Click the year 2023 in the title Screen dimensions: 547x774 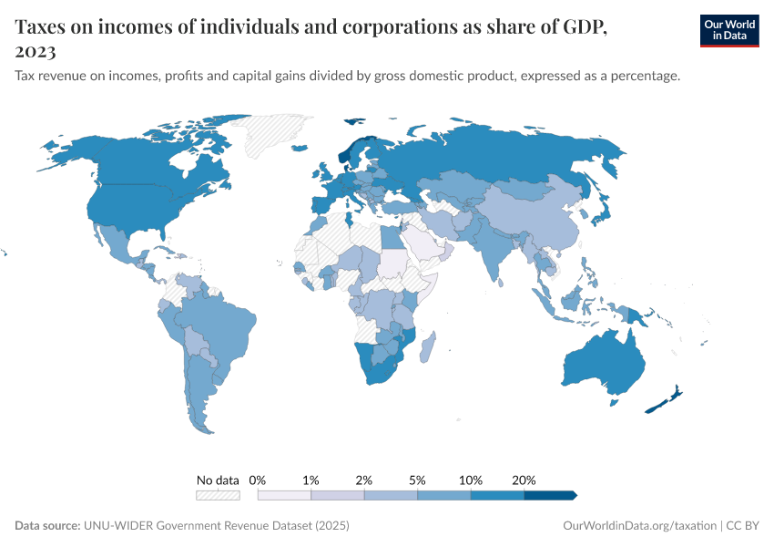(36, 51)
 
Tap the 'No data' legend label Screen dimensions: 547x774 (218, 480)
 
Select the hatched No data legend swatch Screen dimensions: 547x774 (218, 495)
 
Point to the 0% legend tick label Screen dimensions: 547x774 (258, 480)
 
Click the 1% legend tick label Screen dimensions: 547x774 (311, 480)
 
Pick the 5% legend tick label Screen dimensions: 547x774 (417, 480)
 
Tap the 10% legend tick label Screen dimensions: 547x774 (471, 480)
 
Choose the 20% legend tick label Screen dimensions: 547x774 (524, 480)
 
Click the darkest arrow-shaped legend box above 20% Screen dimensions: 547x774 (550, 495)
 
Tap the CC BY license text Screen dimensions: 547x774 (743, 526)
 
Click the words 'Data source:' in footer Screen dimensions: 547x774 (47, 526)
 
